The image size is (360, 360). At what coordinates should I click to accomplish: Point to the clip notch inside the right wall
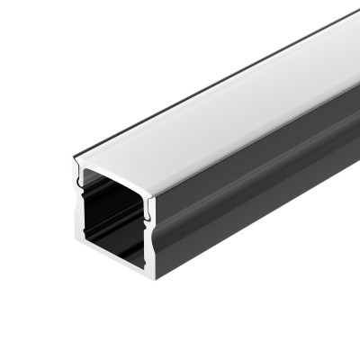(145, 213)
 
